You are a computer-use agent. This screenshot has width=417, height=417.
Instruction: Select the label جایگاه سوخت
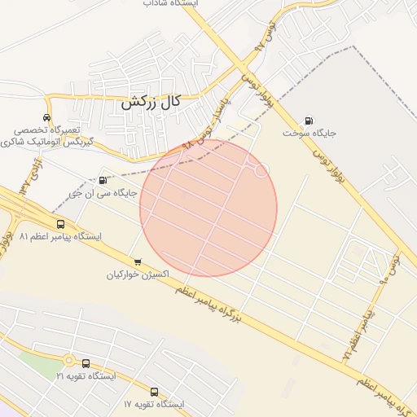310,131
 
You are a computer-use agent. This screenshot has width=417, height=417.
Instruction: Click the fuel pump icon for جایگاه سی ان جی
102,180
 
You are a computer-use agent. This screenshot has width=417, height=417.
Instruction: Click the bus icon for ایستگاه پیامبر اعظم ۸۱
60,224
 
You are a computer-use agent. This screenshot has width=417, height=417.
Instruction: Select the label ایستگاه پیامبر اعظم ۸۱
60,236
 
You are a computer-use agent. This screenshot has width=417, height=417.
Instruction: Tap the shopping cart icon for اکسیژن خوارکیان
137,262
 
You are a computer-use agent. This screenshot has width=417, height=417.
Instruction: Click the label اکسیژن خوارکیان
138,274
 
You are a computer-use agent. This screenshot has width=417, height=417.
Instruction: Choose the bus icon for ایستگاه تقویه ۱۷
155,392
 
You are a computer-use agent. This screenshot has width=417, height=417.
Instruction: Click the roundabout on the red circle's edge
261,170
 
